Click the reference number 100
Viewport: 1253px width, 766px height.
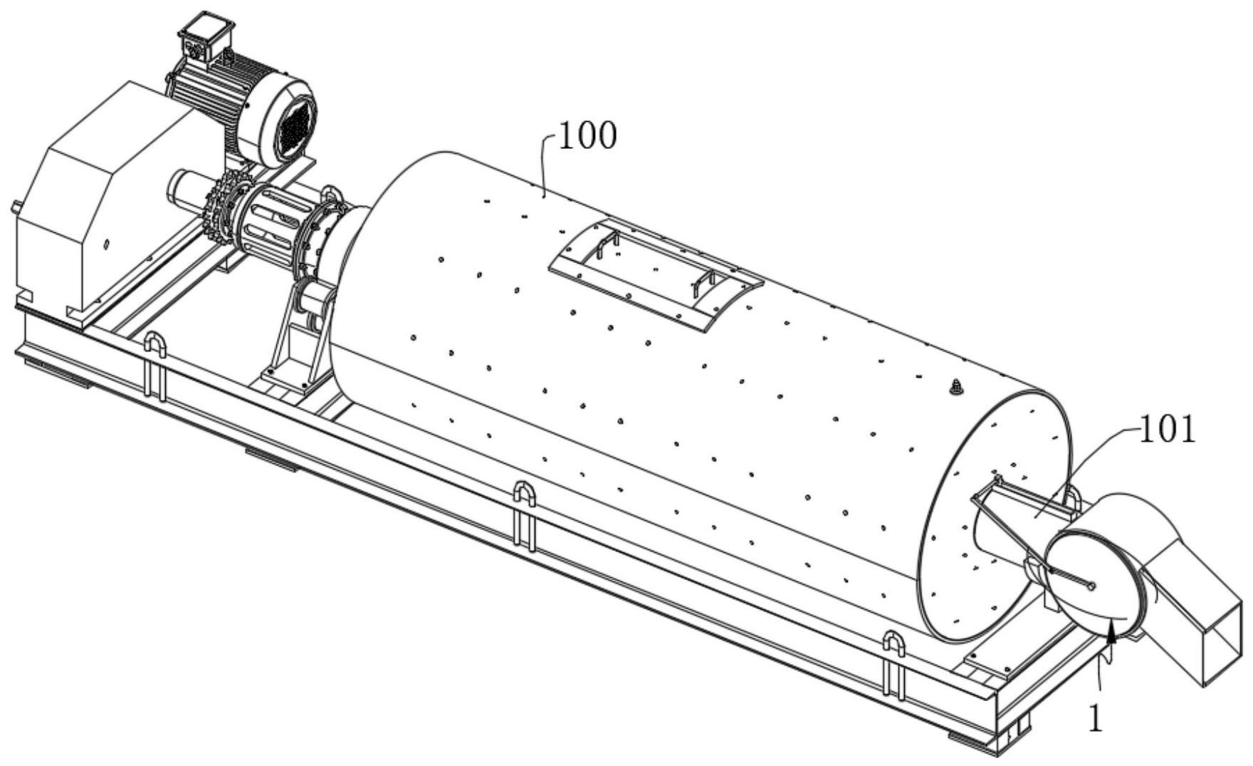coord(587,135)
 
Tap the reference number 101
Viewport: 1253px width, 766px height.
coord(1168,430)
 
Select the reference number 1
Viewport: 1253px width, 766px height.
coord(1096,719)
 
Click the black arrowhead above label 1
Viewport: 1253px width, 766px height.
coord(1111,631)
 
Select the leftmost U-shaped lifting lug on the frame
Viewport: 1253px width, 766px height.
coord(156,363)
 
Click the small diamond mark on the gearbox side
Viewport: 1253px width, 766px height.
coord(105,244)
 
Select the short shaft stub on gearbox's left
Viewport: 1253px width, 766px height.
coord(14,208)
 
